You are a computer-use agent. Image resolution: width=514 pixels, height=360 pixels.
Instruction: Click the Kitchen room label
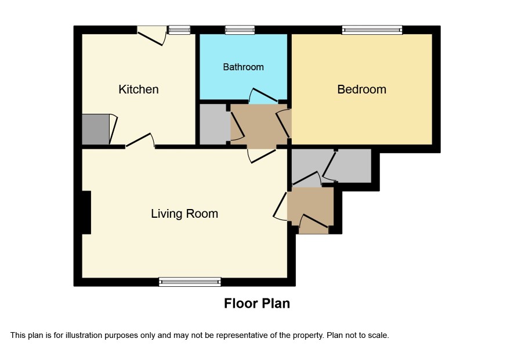[138, 89]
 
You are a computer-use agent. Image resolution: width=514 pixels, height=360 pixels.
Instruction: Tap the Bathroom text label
[243, 67]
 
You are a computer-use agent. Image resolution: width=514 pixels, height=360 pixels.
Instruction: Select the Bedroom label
[361, 89]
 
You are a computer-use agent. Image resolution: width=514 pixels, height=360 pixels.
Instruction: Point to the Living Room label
[184, 214]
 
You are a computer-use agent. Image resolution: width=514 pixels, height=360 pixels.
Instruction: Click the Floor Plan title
[257, 303]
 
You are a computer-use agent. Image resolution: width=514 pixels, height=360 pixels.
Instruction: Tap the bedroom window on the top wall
[372, 30]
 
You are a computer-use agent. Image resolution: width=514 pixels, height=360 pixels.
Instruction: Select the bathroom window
[240, 30]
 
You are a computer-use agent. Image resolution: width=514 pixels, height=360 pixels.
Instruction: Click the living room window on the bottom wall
[190, 282]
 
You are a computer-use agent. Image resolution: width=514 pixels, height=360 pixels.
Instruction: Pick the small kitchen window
[179, 30]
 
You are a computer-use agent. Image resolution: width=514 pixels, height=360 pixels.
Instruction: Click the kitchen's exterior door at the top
[151, 35]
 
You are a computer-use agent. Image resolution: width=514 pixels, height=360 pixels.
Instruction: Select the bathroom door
[263, 95]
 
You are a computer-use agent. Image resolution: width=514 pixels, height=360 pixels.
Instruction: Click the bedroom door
[284, 124]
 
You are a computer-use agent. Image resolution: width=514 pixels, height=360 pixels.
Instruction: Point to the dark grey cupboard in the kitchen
[95, 129]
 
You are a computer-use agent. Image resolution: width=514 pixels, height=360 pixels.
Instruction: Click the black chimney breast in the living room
[86, 213]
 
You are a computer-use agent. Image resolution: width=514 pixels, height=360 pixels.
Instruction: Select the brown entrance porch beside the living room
[310, 210]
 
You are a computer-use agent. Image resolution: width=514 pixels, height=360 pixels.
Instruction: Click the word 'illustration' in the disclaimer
[84, 336]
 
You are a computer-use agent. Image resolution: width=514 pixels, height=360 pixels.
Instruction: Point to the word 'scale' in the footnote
[379, 336]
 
